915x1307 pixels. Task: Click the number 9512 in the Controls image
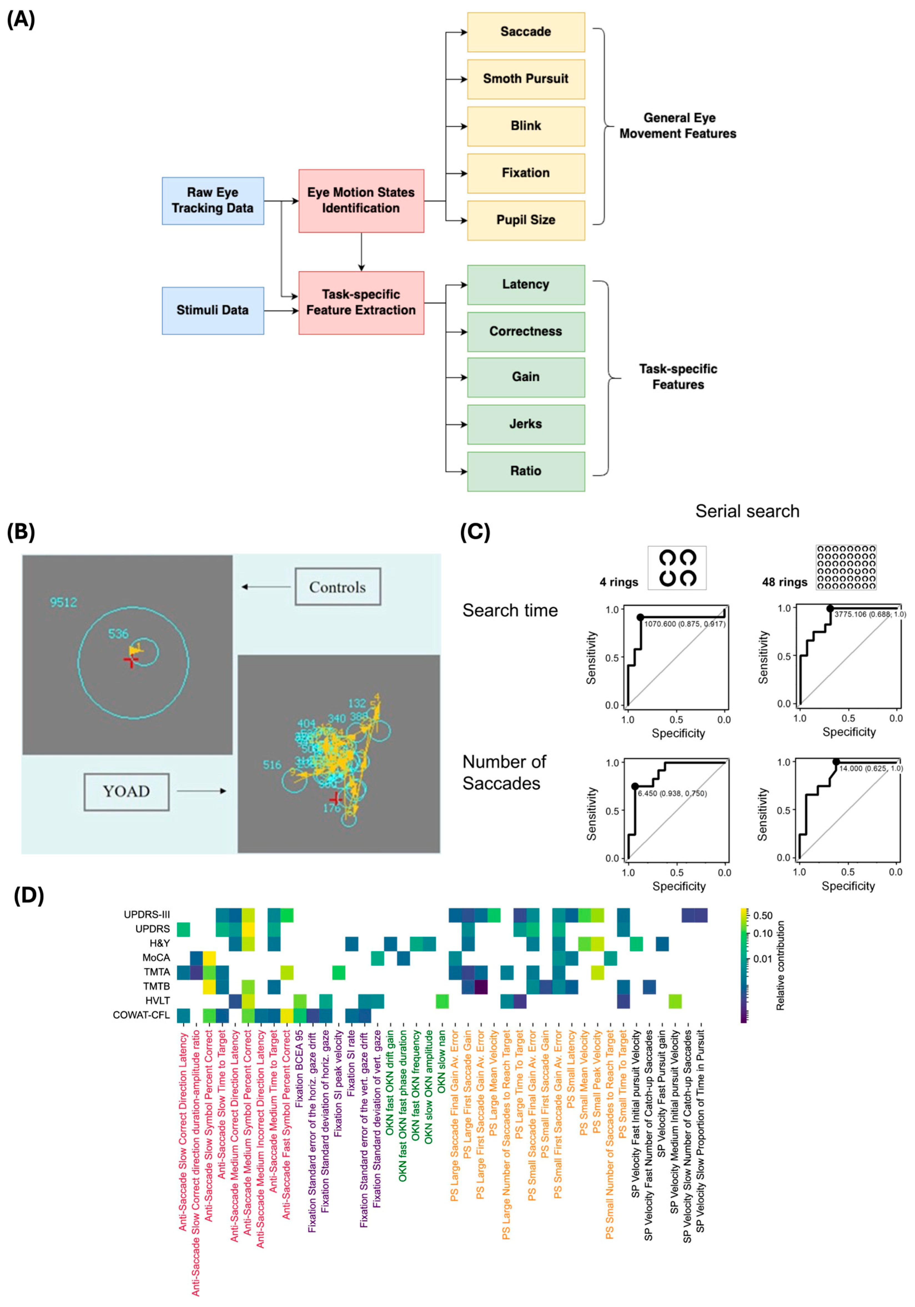(63, 602)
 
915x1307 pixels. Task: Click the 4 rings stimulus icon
(677, 568)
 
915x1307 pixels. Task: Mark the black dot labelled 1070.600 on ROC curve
(640, 617)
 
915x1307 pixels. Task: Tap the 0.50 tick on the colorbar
(763, 915)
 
